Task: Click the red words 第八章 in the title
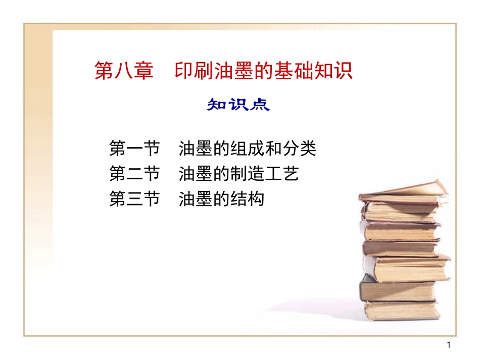[123, 71]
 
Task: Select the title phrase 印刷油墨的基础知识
[263, 71]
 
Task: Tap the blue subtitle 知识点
[238, 105]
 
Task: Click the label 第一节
[134, 148]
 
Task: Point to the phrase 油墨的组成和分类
[247, 148]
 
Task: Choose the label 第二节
[134, 174]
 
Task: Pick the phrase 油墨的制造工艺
[238, 174]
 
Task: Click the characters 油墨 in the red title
[228, 71]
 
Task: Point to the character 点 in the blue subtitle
[260, 105]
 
